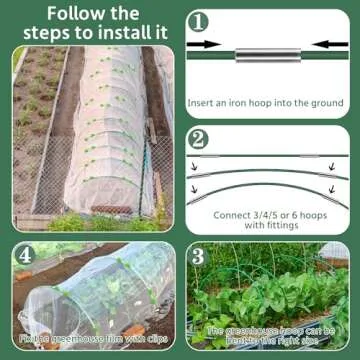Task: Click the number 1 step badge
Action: coord(199,20)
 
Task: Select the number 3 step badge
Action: coord(199,257)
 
